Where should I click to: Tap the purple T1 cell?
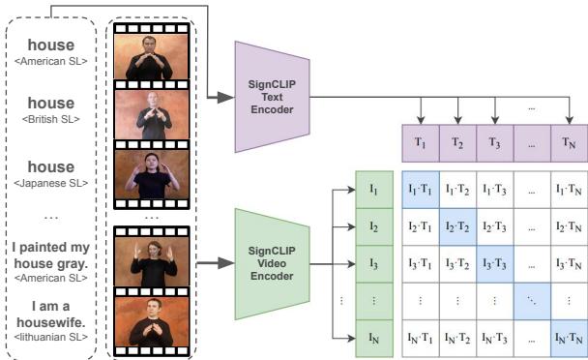tap(419, 142)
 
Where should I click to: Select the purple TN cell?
tap(569, 142)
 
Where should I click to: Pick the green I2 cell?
tap(372, 225)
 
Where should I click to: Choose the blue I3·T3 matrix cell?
tap(493, 263)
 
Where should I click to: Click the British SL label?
tap(50, 121)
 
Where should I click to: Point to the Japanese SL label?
tap(50, 182)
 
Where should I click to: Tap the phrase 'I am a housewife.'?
tap(50, 315)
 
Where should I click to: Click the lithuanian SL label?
tap(50, 336)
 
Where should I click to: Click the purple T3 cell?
tap(493, 142)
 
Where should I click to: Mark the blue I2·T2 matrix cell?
tap(456, 225)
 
